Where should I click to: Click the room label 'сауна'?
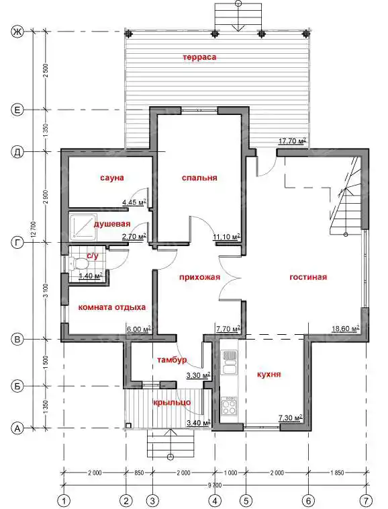pos(112,178)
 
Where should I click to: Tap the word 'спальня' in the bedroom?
pos(199,178)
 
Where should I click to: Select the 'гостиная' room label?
pos(308,277)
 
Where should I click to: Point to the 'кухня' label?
pos(269,375)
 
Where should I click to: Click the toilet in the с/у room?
pos(77,263)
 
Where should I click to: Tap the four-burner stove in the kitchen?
pos(229,405)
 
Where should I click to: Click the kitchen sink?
pos(229,362)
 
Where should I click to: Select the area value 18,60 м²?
pos(346,329)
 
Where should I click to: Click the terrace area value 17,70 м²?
pos(293,141)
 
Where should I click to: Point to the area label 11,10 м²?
pos(227,237)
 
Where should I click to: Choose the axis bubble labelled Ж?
pos(17,32)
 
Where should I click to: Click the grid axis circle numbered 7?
pos(368,499)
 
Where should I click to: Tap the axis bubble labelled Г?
pos(17,243)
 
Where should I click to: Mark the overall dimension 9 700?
pos(215,485)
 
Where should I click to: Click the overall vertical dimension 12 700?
pos(35,230)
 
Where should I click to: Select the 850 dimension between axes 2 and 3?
pos(139,473)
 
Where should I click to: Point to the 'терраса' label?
pos(199,57)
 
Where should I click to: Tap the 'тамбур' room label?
pos(172,360)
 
